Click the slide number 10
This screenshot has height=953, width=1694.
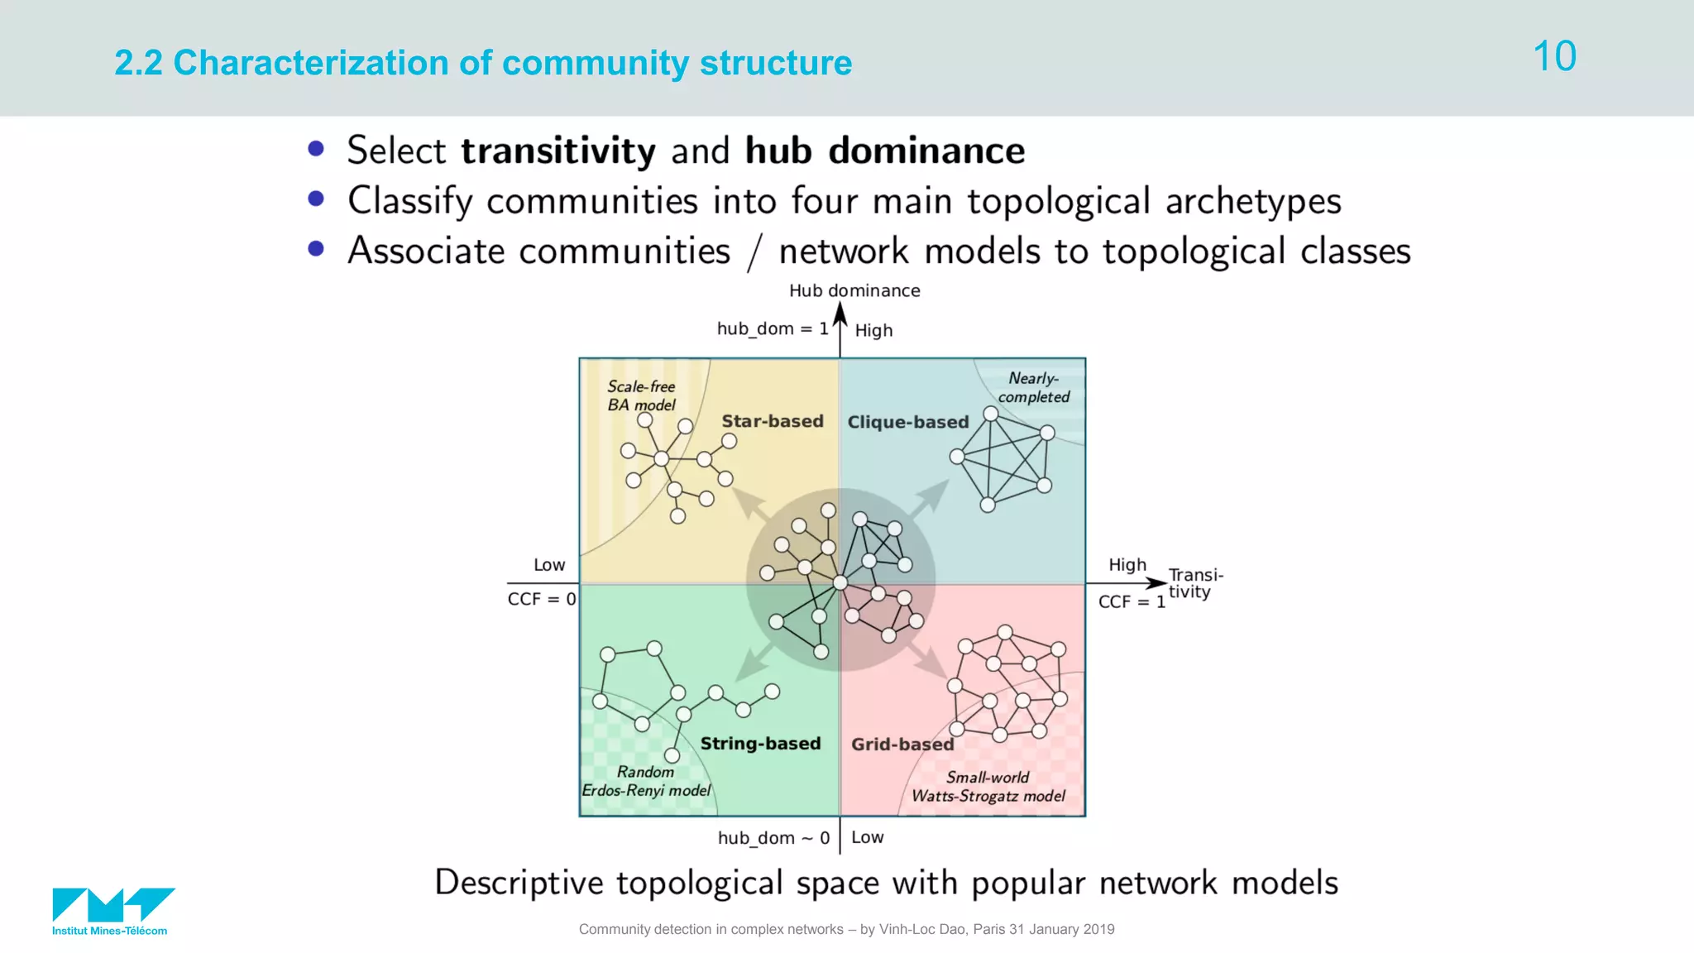[x=1554, y=56]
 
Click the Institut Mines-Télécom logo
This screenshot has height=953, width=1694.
[x=113, y=910]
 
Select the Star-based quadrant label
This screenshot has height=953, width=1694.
[x=773, y=421]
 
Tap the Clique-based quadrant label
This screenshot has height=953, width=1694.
[x=907, y=422]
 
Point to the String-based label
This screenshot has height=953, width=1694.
[x=760, y=743]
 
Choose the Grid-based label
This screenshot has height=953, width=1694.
[x=902, y=745]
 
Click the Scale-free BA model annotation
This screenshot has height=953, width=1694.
[x=641, y=395]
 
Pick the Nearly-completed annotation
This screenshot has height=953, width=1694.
[x=1033, y=387]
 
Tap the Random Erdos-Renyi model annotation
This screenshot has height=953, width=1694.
[x=646, y=781]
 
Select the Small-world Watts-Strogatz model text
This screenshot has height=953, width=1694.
[x=988, y=787]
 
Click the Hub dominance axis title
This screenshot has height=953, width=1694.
[x=854, y=290]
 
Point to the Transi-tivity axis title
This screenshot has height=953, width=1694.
[x=1194, y=583]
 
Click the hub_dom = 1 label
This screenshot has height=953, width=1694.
[x=772, y=328]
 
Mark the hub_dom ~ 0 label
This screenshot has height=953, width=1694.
[x=773, y=838]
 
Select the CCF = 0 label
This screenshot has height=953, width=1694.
[x=541, y=599]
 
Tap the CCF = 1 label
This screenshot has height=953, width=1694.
[x=1131, y=601]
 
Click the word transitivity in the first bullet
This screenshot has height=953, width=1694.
[x=558, y=151]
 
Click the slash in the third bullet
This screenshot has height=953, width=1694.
[x=754, y=251]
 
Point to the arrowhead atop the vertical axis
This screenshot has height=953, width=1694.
[x=840, y=314]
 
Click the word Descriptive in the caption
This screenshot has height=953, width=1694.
[x=519, y=883]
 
